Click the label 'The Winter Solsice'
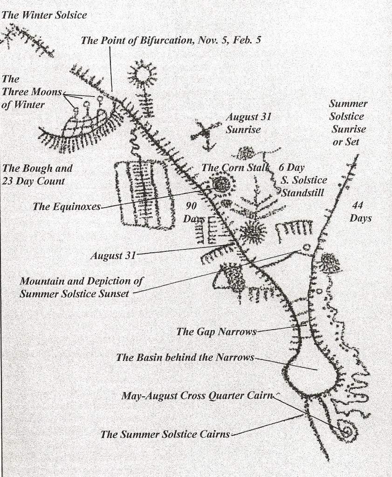coord(44,15)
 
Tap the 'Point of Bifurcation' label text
coord(171,41)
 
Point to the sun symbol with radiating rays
coord(143,74)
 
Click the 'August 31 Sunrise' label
coord(248,123)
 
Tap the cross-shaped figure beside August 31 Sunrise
coord(206,133)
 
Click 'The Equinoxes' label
coord(66,206)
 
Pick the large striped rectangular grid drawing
coord(142,194)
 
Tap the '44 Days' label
coord(360,212)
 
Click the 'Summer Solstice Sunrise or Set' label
coord(348,123)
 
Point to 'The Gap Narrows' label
coord(216,332)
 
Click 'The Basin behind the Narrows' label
coord(185,358)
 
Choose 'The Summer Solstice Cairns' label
coord(165,434)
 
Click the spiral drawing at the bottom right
coord(347,431)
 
